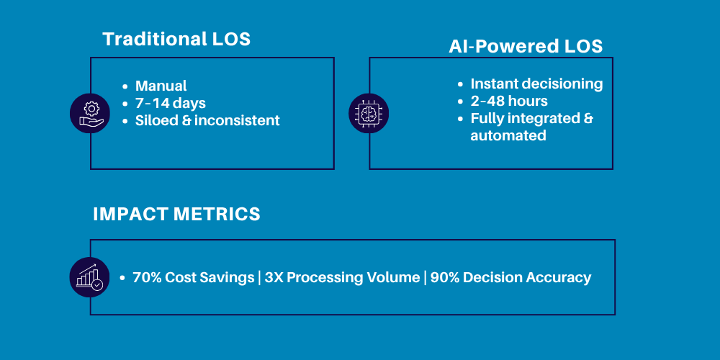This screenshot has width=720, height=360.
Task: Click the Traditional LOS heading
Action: click(x=176, y=39)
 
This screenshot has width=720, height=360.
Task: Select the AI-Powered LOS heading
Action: click(x=526, y=47)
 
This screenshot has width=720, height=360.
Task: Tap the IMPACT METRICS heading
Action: click(x=176, y=214)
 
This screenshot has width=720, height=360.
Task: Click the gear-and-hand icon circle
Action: click(x=91, y=113)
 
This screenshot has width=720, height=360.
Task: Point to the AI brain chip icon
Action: click(x=369, y=113)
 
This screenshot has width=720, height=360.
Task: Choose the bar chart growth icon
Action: click(x=90, y=277)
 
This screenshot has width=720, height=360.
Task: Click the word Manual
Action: click(x=161, y=86)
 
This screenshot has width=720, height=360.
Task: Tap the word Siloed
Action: click(x=154, y=121)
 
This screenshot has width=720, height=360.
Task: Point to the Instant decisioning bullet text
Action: click(x=536, y=84)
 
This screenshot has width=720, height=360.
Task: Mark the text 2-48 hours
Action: click(x=509, y=102)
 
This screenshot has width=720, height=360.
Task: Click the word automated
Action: click(x=508, y=135)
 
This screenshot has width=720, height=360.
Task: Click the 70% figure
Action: click(x=147, y=278)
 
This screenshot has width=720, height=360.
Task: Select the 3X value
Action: click(x=274, y=278)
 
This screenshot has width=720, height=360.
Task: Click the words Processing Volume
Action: click(x=353, y=278)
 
